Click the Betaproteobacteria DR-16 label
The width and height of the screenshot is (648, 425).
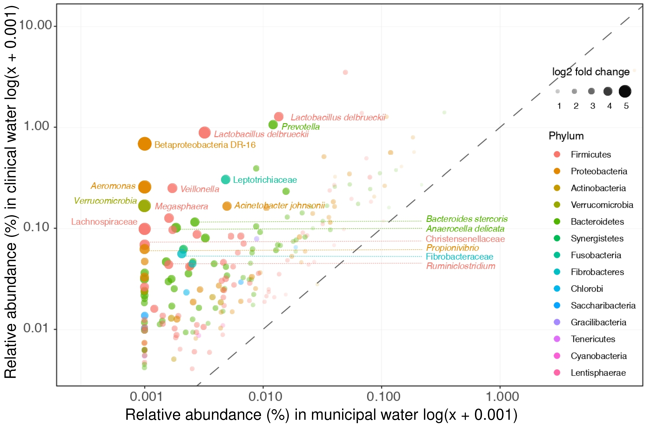pyautogui.click(x=205, y=145)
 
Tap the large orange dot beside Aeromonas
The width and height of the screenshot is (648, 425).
pyautogui.click(x=145, y=187)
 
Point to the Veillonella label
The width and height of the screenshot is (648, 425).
pyautogui.click(x=200, y=189)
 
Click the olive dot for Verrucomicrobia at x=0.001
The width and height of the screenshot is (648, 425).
pyautogui.click(x=145, y=206)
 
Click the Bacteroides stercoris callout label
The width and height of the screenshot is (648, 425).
pyautogui.click(x=467, y=219)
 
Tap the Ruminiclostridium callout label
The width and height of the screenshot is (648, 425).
pyautogui.click(x=460, y=266)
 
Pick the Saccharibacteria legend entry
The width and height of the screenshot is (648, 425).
pyautogui.click(x=603, y=306)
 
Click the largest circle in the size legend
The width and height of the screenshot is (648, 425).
pyautogui.click(x=625, y=91)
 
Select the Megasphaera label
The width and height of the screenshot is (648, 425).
pyautogui.click(x=181, y=206)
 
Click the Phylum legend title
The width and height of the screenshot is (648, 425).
pyautogui.click(x=566, y=136)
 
